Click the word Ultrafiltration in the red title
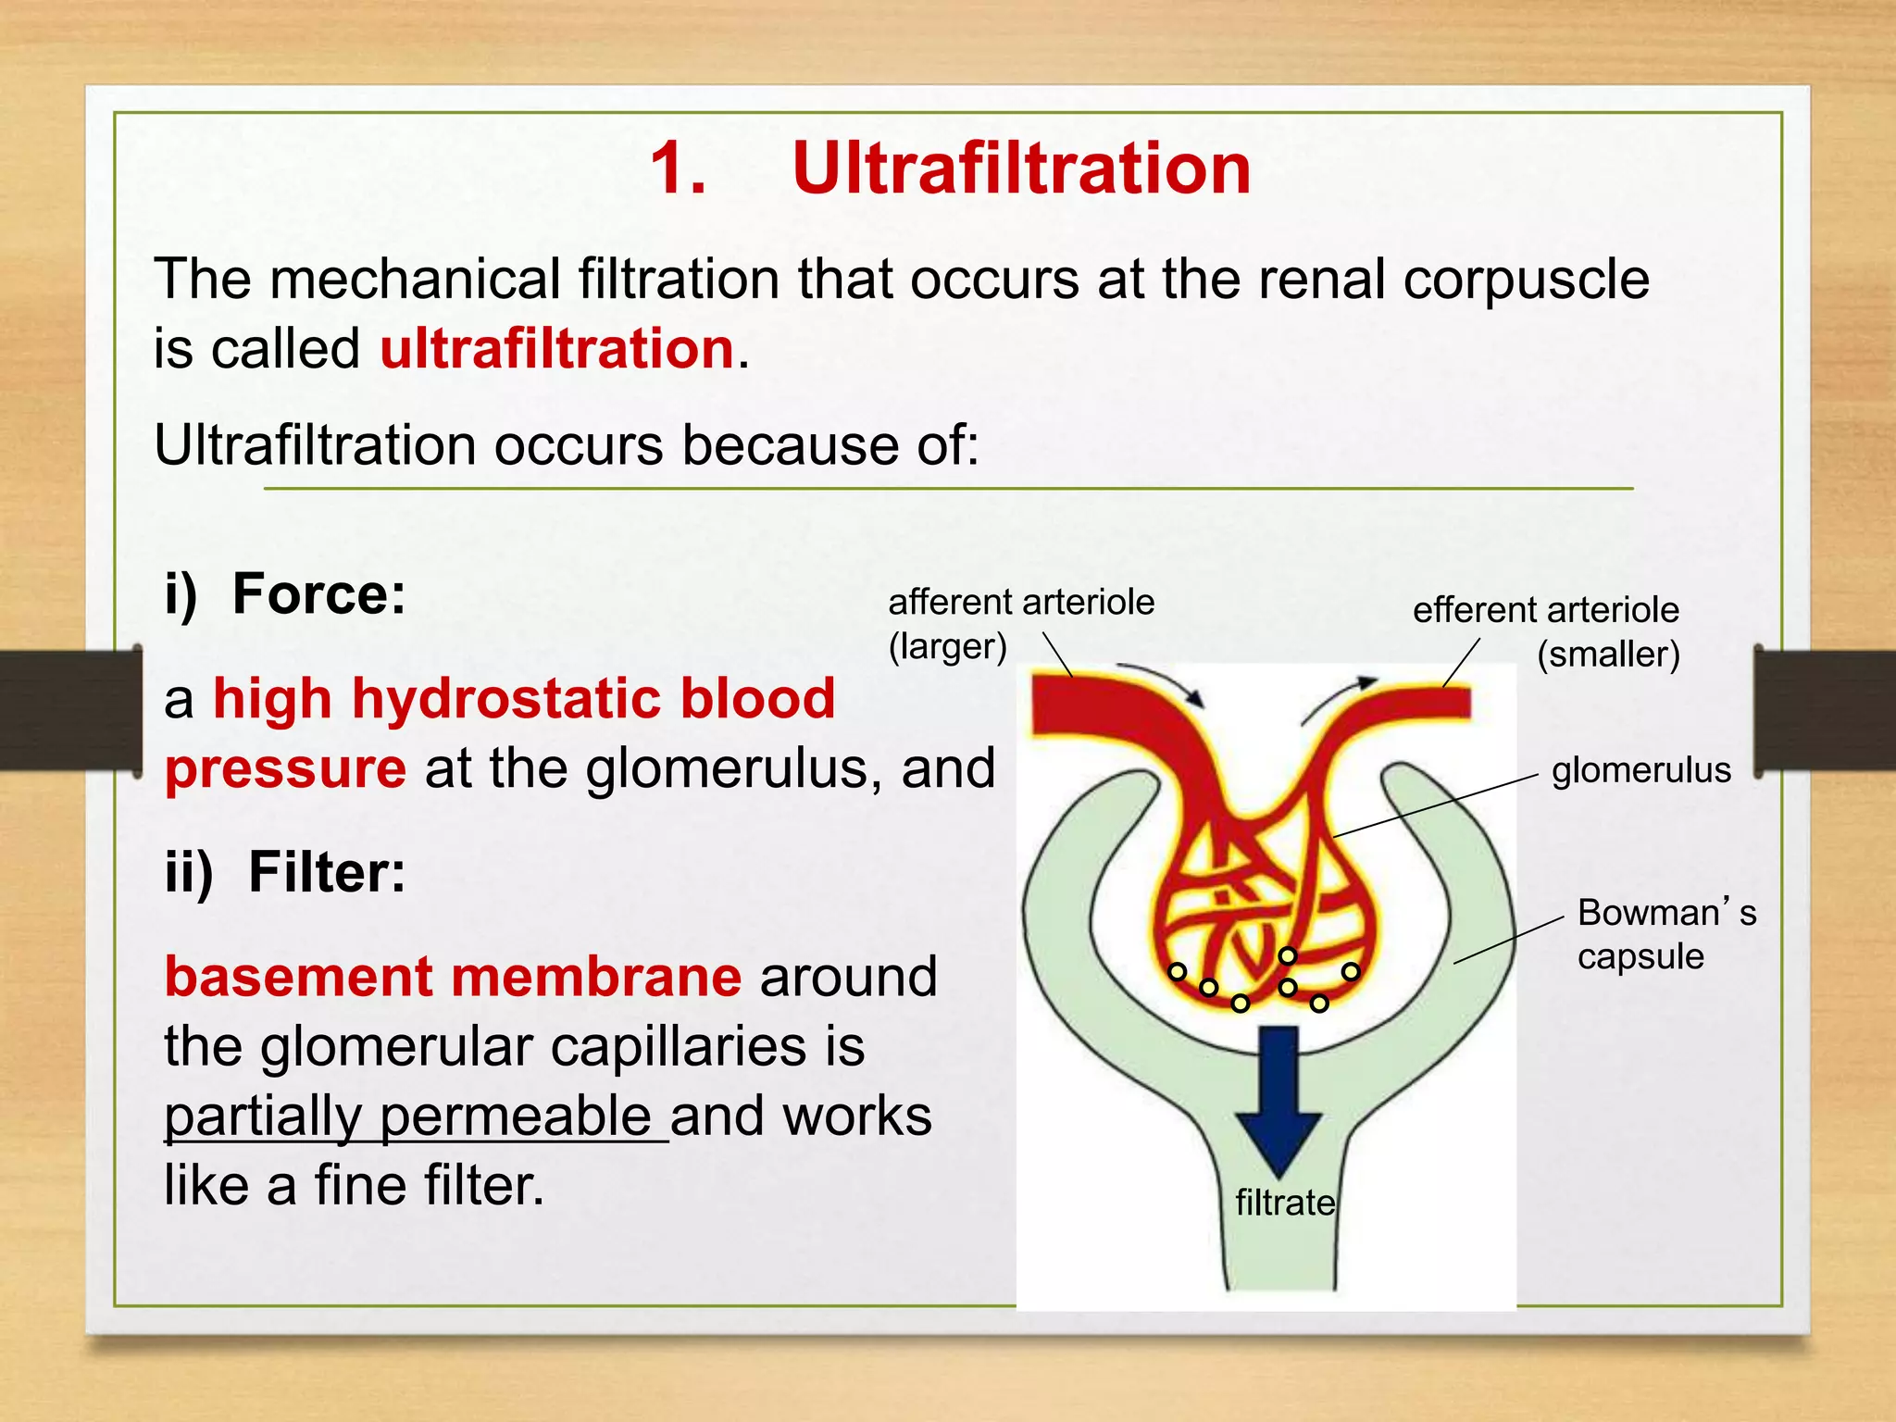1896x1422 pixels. (x=1021, y=168)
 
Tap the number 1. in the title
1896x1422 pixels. (x=678, y=168)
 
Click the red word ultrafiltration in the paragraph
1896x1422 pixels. (x=557, y=349)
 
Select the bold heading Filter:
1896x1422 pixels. (x=327, y=872)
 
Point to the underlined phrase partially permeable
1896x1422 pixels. (x=407, y=1116)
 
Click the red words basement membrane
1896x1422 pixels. (x=453, y=977)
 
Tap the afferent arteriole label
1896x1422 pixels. (x=1021, y=603)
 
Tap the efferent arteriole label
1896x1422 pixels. (x=1545, y=610)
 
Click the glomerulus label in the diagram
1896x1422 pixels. (x=1640, y=770)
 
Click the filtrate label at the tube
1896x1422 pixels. (x=1285, y=1203)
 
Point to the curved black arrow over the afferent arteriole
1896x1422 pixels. (x=1162, y=680)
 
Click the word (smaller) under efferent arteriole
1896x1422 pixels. (x=1608, y=655)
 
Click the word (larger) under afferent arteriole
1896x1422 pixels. (x=947, y=646)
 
